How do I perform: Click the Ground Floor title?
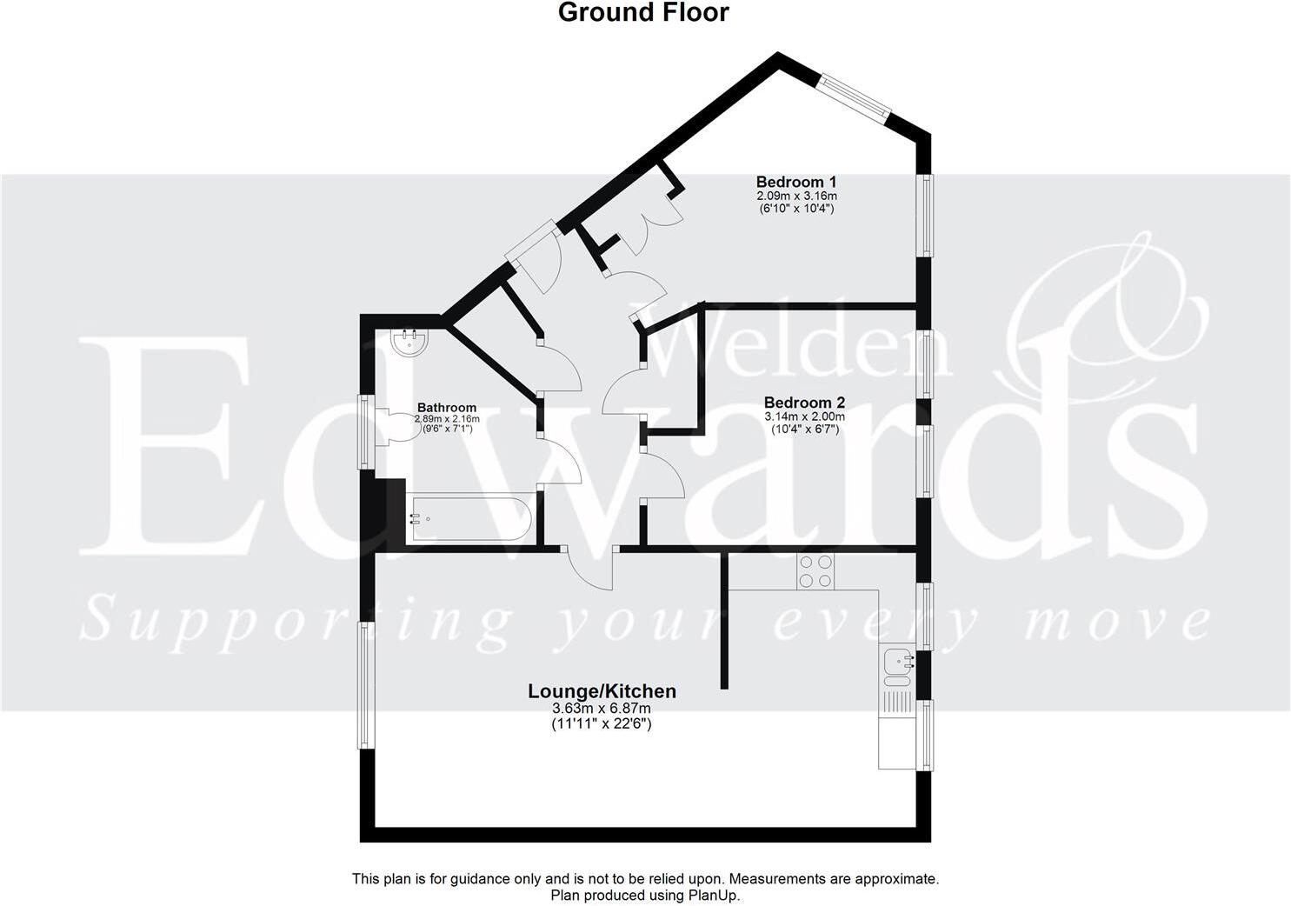point(643,13)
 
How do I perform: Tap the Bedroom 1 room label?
point(795,182)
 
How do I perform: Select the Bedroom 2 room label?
point(804,403)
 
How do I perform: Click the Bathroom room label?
point(447,407)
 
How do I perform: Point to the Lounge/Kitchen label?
point(602,691)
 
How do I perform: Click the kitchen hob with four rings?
point(816,570)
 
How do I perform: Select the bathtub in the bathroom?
point(470,519)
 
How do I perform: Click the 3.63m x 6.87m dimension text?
point(602,709)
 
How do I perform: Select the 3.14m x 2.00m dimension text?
point(804,416)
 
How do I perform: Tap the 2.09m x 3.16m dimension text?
point(795,196)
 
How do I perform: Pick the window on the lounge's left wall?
point(368,684)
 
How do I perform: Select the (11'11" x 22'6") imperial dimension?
point(602,723)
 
